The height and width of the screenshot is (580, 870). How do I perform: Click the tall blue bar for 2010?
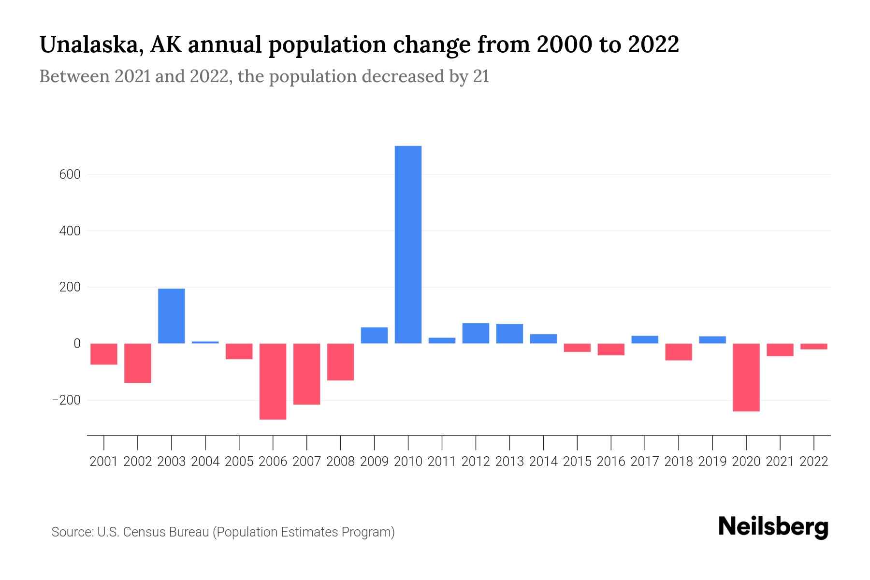pyautogui.click(x=408, y=245)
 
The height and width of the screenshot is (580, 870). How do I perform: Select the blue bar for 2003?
pyautogui.click(x=172, y=316)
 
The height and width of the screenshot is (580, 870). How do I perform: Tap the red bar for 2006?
pyautogui.click(x=273, y=381)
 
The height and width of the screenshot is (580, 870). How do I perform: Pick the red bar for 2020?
pyautogui.click(x=746, y=377)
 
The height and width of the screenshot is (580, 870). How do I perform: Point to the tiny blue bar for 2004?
pyautogui.click(x=205, y=342)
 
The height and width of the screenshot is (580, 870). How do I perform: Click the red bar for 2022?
pyautogui.click(x=814, y=347)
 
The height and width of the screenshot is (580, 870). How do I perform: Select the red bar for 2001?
pyautogui.click(x=104, y=354)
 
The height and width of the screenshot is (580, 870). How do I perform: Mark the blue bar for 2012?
pyautogui.click(x=476, y=333)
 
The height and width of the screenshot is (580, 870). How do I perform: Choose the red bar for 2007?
pyautogui.click(x=307, y=374)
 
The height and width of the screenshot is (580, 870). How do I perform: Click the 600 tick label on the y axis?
pyautogui.click(x=70, y=174)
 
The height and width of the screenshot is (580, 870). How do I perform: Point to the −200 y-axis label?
pyautogui.click(x=66, y=401)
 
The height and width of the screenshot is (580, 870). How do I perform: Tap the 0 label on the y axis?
pyautogui.click(x=76, y=344)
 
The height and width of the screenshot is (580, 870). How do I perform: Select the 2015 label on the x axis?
pyautogui.click(x=577, y=462)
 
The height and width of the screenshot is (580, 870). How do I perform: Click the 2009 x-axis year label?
pyautogui.click(x=375, y=462)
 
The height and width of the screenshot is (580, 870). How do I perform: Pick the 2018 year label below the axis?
pyautogui.click(x=679, y=462)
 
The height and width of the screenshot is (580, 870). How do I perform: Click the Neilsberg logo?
pyautogui.click(x=773, y=527)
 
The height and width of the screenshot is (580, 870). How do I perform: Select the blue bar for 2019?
pyautogui.click(x=712, y=340)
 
